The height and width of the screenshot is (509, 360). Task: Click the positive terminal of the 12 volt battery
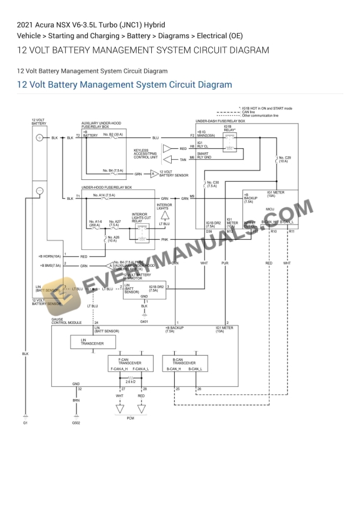coord(39,138)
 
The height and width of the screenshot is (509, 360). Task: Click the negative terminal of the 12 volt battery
coord(39,190)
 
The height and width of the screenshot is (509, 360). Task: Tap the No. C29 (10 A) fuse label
coord(285,159)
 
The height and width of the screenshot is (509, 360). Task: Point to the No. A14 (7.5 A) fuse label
coord(104,195)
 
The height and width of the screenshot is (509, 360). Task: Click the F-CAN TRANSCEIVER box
coord(128,362)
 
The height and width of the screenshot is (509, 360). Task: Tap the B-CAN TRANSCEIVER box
coord(184,362)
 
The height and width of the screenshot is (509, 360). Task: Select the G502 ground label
coord(76,423)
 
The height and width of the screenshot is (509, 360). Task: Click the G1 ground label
coord(25,423)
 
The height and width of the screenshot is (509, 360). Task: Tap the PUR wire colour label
coord(224,263)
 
